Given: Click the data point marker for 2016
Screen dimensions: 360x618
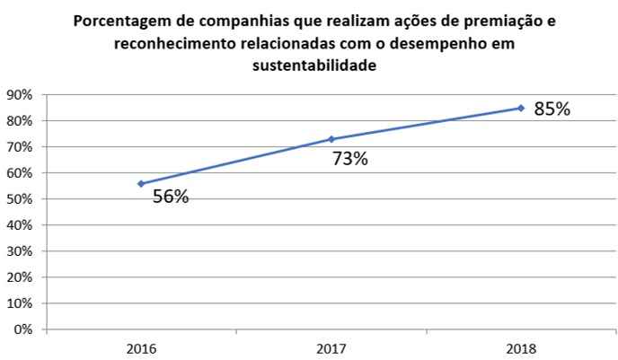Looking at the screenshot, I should (141, 183).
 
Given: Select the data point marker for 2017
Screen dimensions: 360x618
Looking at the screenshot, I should (331, 139).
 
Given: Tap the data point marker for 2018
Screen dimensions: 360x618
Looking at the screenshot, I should (521, 108).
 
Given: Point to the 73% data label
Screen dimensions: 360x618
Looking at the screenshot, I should (350, 159).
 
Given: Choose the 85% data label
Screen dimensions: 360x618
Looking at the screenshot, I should (552, 110).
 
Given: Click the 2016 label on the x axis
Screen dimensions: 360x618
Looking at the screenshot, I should (141, 347).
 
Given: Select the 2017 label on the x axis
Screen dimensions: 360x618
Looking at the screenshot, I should (331, 347).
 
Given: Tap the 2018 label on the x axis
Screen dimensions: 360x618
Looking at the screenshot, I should (521, 347).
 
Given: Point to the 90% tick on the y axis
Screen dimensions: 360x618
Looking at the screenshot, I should (20, 94).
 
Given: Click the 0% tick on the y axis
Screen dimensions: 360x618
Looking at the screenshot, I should (23, 329).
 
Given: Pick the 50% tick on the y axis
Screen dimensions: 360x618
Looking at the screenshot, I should (20, 198).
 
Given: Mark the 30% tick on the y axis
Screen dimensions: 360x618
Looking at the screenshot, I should (20, 251).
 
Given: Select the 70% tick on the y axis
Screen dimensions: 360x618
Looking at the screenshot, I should (20, 146).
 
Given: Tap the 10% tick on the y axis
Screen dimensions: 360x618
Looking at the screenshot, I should (20, 303).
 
